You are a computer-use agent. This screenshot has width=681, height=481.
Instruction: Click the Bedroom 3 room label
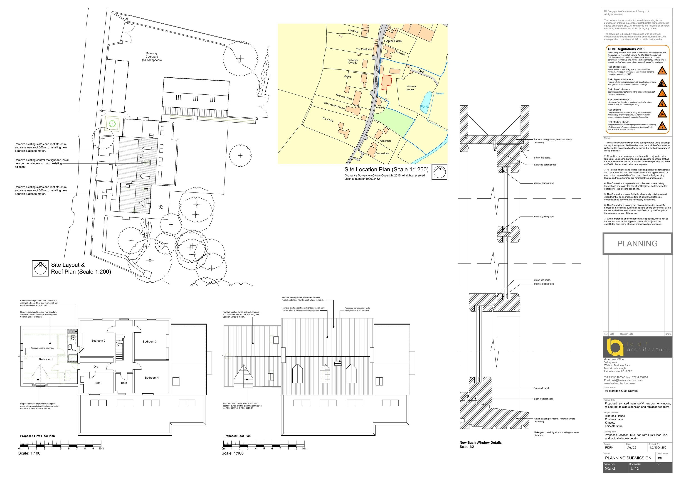(150, 342)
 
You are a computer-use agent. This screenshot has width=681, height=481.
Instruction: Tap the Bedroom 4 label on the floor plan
(152, 377)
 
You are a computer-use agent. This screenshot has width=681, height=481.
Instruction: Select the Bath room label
(124, 383)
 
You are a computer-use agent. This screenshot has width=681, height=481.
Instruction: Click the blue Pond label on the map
(424, 106)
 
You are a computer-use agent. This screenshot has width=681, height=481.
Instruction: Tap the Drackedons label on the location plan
(382, 153)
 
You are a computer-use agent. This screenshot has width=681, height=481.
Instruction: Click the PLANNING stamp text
(637, 244)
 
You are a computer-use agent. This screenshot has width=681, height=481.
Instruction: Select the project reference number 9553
(610, 469)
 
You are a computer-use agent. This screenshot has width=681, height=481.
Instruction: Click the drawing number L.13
(635, 469)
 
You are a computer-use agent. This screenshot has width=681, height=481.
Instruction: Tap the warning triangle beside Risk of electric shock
(662, 104)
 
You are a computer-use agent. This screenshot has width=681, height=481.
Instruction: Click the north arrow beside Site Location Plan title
(439, 172)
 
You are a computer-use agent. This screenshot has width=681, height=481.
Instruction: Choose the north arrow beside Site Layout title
(40, 268)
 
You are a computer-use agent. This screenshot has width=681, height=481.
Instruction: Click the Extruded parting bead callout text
(545, 165)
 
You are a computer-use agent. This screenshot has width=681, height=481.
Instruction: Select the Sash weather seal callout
(543, 399)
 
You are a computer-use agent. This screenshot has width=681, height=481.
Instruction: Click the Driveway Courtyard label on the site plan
(152, 57)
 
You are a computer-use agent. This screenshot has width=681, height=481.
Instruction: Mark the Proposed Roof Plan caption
(237, 436)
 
